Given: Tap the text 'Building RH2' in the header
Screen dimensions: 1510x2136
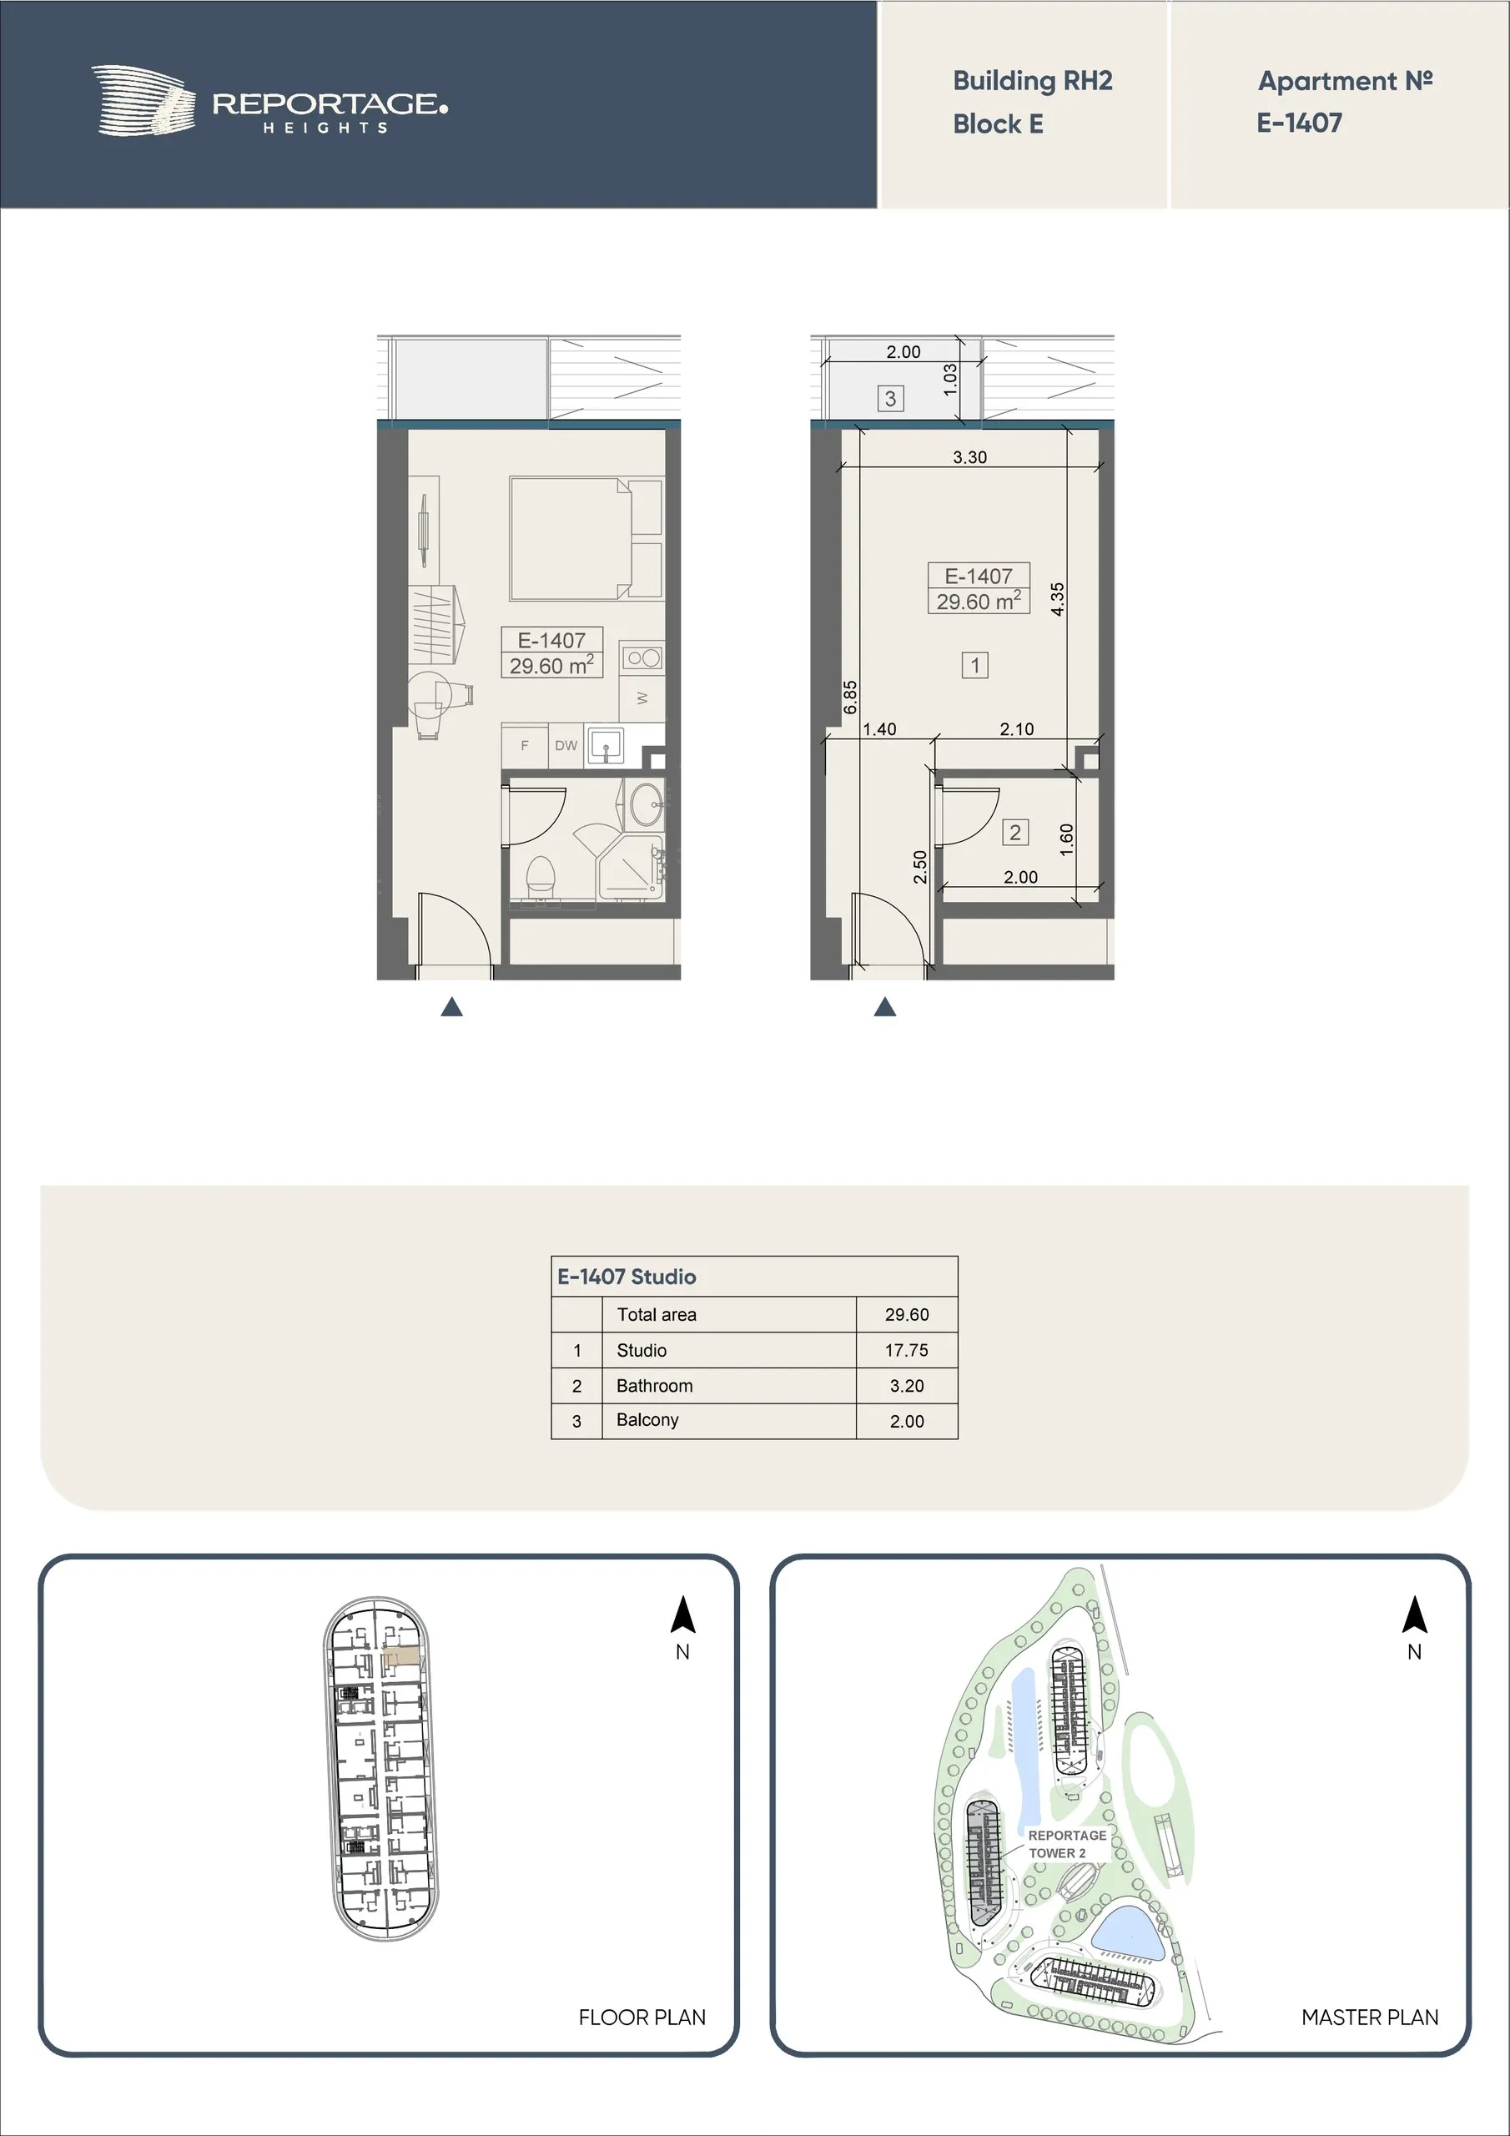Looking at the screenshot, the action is [1033, 82].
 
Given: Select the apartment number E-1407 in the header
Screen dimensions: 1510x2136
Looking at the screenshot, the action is [1299, 123].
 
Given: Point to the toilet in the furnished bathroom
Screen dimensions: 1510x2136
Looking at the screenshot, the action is [541, 877].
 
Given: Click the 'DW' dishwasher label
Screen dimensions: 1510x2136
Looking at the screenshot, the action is [566, 745].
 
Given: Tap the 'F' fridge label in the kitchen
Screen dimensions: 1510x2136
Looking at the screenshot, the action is [525, 745].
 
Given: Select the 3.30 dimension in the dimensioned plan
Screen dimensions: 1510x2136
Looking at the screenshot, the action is [969, 456].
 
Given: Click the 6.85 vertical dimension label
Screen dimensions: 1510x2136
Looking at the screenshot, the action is [849, 698].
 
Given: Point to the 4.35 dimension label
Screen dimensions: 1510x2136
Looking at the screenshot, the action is [1057, 599].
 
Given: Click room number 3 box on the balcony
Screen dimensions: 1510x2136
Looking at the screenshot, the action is [890, 399].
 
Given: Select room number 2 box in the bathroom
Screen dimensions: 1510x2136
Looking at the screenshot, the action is [1015, 833].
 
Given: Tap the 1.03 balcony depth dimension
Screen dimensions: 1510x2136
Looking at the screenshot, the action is [950, 379].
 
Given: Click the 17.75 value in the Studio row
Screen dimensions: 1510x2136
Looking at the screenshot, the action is [906, 1350].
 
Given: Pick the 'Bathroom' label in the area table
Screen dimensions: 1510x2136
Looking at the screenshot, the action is [655, 1385].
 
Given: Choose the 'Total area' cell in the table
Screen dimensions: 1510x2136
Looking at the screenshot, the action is [657, 1314].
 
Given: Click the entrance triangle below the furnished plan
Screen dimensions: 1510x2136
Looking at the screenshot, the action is [452, 1006].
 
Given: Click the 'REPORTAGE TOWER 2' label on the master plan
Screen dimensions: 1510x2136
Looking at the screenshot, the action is [1066, 1844].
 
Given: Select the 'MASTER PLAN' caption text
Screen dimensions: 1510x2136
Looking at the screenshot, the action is [1370, 2017].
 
